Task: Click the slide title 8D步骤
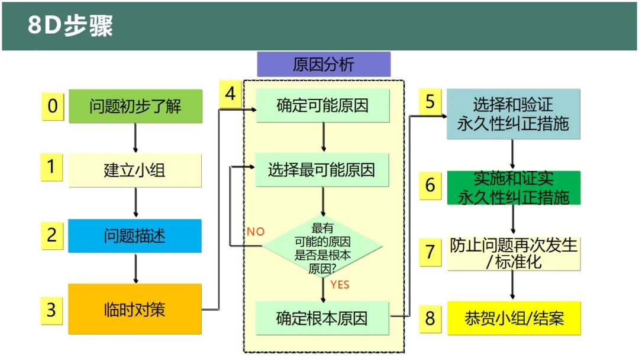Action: [x=70, y=25]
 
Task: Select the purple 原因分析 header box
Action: [x=324, y=64]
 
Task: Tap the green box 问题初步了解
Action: [x=135, y=106]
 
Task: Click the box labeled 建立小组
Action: [x=135, y=170]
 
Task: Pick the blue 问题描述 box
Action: [x=135, y=236]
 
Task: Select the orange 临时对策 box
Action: [x=135, y=309]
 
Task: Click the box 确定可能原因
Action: [x=322, y=105]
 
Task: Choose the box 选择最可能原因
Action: [x=322, y=169]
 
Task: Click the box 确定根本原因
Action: [x=322, y=318]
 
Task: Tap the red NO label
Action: [x=256, y=232]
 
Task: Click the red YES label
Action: [x=340, y=285]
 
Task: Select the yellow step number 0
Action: [x=53, y=107]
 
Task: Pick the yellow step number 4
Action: [x=230, y=94]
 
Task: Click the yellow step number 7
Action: [x=430, y=252]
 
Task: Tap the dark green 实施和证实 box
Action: [x=514, y=188]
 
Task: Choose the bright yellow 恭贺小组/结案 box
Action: [x=514, y=318]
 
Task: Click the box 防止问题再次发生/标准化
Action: [x=514, y=253]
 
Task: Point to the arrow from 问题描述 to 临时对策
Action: [x=135, y=268]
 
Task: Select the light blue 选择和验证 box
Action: [x=514, y=114]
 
